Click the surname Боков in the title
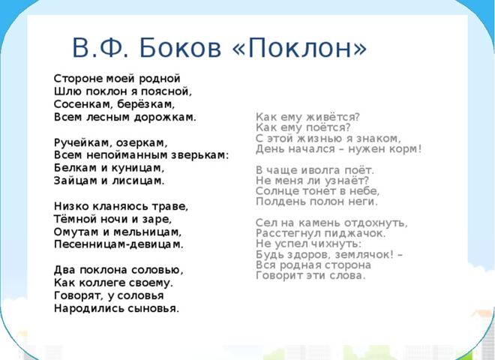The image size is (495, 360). tap(180, 48)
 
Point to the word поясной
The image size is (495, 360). tap(166, 91)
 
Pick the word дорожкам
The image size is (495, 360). tap(165, 117)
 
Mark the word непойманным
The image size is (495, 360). tap(127, 155)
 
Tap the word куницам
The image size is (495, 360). tap(138, 168)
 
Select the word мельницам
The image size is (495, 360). tap(148, 232)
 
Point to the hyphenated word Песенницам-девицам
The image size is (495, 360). tap(118, 244)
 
